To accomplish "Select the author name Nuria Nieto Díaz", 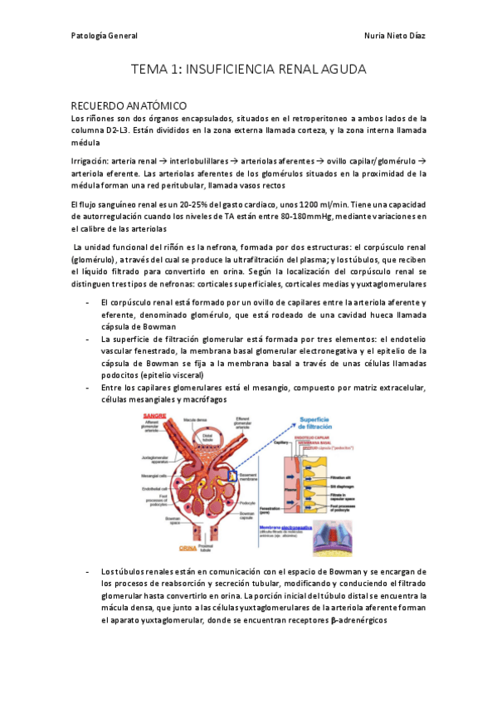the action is (x=395, y=36).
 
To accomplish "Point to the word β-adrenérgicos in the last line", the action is (x=358, y=620).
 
